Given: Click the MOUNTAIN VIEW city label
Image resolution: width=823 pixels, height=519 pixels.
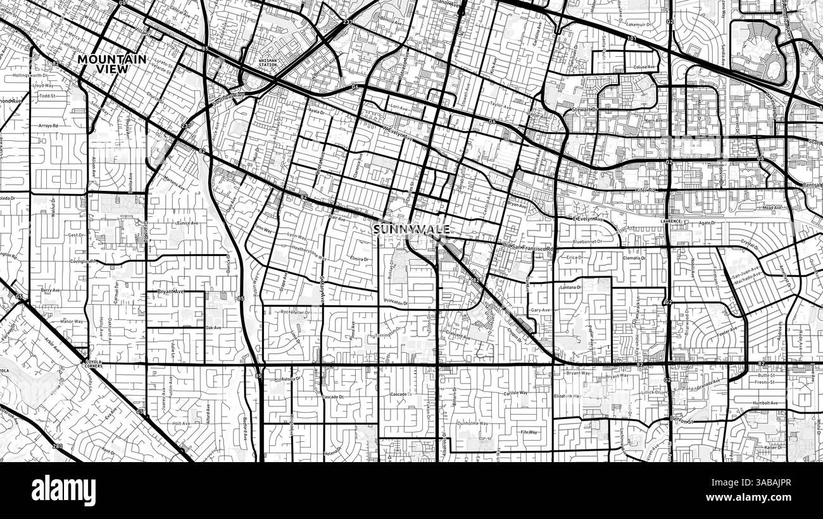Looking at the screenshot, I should coord(112,64).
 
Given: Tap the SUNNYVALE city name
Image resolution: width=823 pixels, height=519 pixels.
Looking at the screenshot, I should coord(411,230).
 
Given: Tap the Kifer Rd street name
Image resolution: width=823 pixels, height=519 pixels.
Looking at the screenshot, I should coord(645,190).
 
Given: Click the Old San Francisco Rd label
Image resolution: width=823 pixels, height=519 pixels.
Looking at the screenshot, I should coord(528,248).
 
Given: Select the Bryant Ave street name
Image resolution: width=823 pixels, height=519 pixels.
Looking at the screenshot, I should coord(170,291).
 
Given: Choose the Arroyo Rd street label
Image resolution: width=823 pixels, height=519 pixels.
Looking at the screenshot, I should coord(49,125).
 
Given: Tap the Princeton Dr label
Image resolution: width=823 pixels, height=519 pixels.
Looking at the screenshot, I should coord(396,303).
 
